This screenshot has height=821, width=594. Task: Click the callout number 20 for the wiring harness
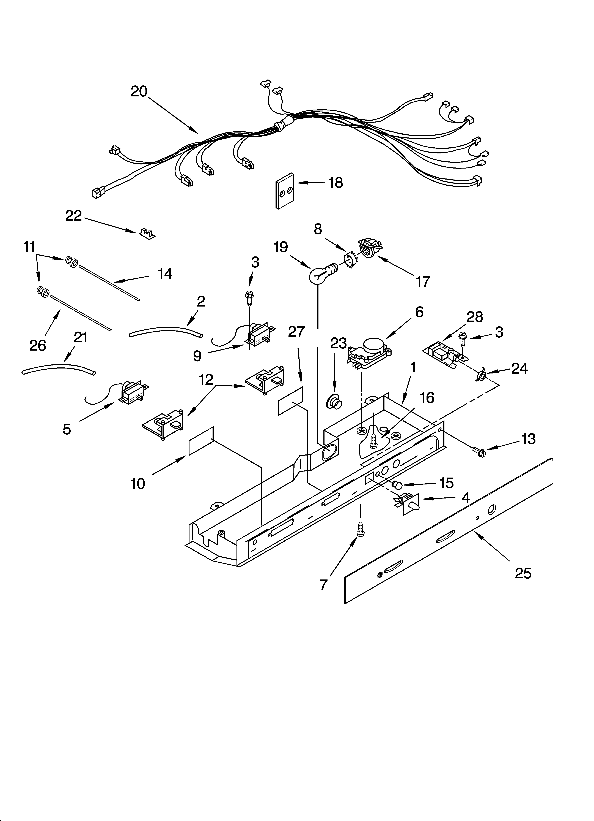coord(139,91)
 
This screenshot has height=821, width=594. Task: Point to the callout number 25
coord(523,573)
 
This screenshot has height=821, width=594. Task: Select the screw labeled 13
coord(478,451)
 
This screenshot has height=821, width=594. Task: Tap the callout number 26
coord(38,345)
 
